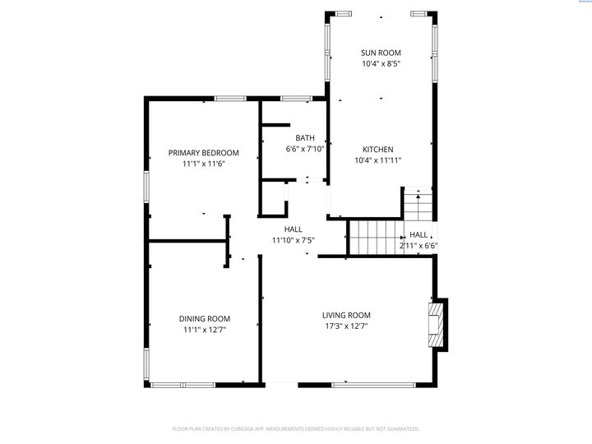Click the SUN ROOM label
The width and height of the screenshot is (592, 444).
381,53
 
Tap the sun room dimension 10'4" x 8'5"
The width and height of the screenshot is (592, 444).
381,64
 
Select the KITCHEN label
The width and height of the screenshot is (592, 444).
377,150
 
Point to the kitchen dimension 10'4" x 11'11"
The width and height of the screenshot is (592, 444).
377,161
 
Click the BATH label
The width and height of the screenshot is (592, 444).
305,138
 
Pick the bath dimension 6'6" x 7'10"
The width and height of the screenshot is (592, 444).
305,150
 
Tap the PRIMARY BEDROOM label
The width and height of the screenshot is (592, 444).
203,153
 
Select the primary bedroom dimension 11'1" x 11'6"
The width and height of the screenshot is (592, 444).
203,164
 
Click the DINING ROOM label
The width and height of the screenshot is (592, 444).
204,318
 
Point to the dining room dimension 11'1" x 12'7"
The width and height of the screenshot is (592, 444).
204,330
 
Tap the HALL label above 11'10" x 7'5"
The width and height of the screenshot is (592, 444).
293,229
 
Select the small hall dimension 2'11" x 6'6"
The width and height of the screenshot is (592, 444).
419,245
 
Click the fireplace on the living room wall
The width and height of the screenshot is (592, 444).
435,324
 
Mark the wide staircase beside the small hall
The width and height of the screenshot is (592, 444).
373,237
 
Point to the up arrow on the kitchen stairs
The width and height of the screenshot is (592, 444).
419,197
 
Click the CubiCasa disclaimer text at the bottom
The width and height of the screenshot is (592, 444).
296,428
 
